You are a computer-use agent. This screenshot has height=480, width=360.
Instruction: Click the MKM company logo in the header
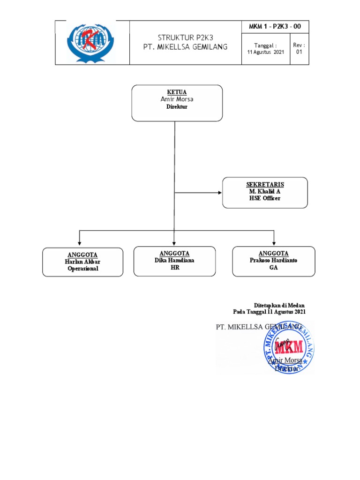[x=92, y=42]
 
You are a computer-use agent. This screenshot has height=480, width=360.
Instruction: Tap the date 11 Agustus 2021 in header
[x=265, y=52]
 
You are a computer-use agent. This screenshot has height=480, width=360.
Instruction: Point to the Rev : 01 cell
[x=299, y=48]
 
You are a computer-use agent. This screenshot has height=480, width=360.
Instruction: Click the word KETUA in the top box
[x=177, y=92]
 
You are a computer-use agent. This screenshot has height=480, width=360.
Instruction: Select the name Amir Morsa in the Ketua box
[x=177, y=99]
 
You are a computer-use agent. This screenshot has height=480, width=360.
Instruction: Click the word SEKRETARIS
[x=265, y=184]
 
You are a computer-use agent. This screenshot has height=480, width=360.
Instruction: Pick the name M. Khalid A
[x=265, y=191]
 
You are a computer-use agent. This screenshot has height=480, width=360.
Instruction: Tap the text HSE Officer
[x=265, y=198]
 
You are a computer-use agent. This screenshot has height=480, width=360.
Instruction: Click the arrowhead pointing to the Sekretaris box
[x=219, y=193]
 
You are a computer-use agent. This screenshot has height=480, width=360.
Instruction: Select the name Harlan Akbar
[x=82, y=262]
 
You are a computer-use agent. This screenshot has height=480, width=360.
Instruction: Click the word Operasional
[x=82, y=269]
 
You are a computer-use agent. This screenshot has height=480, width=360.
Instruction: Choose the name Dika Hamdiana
[x=174, y=260]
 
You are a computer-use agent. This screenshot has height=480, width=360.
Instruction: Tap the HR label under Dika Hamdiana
[x=174, y=267]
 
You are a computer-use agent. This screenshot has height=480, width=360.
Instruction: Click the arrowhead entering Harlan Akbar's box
[x=79, y=245]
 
